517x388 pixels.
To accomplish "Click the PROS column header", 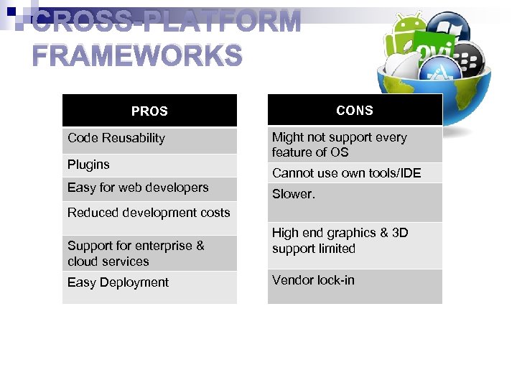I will [x=149, y=111].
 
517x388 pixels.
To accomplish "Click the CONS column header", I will [x=355, y=111].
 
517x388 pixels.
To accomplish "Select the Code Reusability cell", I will [x=116, y=138].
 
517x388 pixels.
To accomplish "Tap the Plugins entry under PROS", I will [x=88, y=165].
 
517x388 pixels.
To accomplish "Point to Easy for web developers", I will [x=138, y=188].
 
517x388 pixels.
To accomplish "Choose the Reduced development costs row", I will [x=149, y=213].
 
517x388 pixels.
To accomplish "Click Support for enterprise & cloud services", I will [x=136, y=254].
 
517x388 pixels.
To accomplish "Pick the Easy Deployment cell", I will [x=118, y=282].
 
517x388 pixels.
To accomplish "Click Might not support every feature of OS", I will [x=339, y=144].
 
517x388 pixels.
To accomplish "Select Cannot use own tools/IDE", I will [x=346, y=172].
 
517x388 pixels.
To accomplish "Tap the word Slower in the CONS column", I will [x=293, y=194].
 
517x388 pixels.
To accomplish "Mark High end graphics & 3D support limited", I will [x=340, y=241].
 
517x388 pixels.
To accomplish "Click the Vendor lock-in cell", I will [x=313, y=280].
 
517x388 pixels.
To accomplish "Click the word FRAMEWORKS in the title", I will [x=138, y=55].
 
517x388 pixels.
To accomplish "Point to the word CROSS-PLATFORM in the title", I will [x=167, y=22].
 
